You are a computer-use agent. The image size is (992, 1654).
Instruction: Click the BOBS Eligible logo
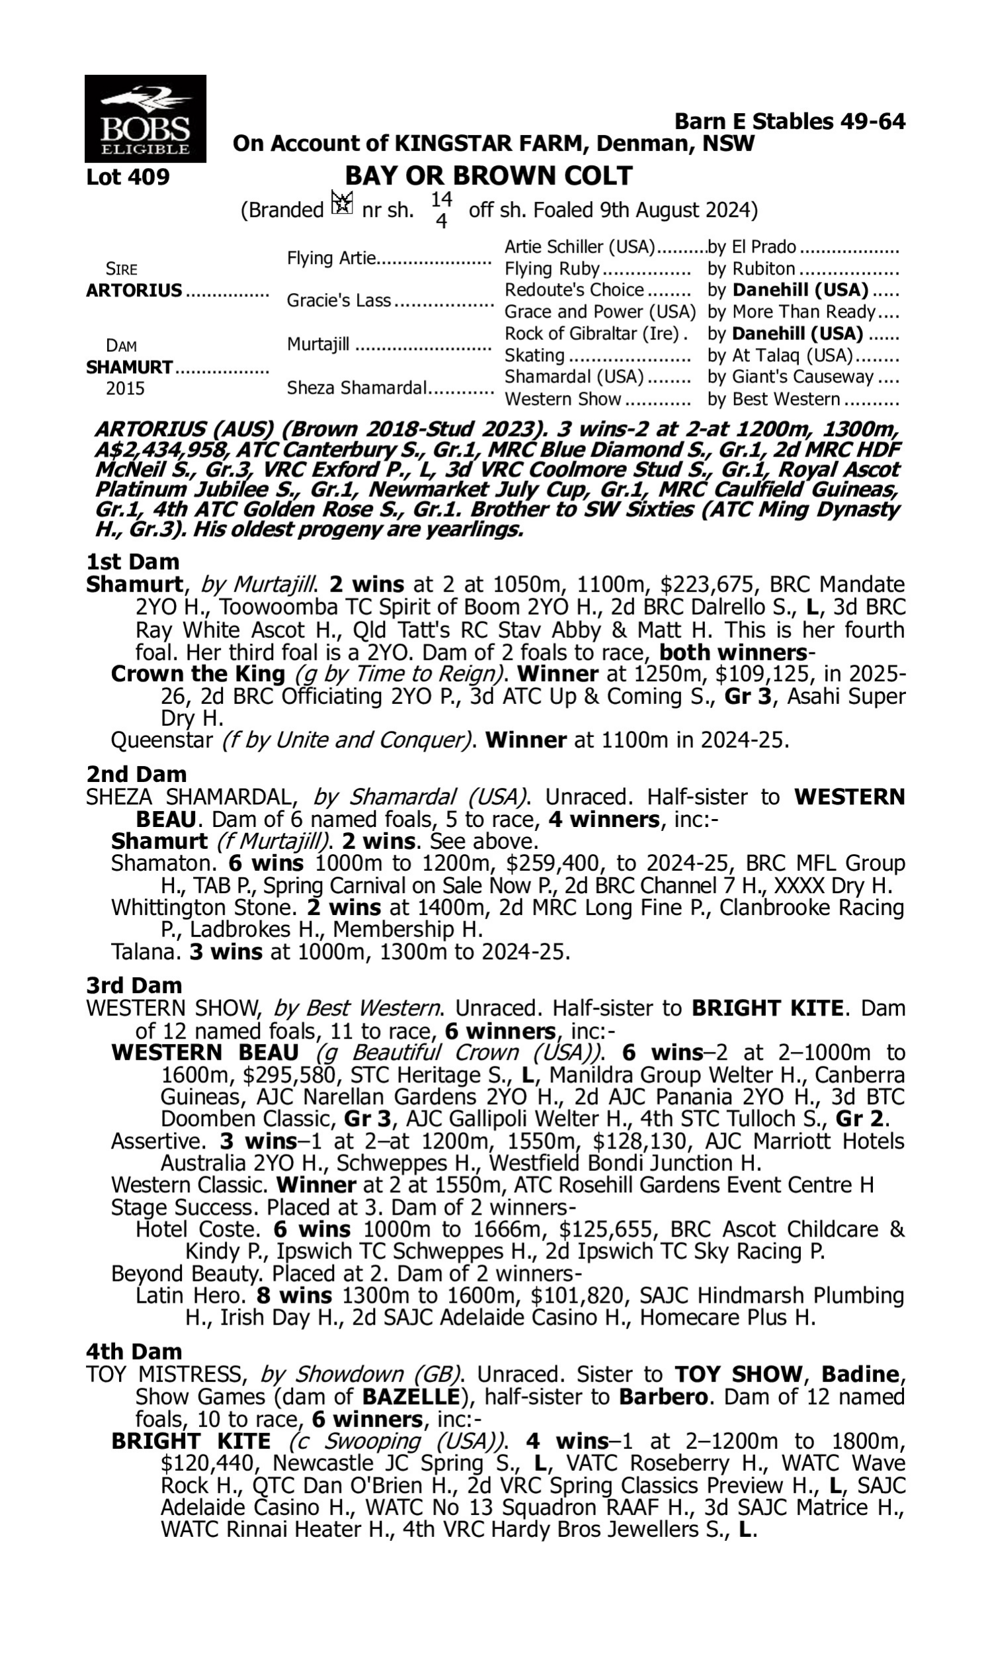(x=145, y=118)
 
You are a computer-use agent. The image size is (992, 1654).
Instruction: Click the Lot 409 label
(x=128, y=177)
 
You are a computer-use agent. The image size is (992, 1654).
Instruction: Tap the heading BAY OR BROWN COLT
(x=488, y=176)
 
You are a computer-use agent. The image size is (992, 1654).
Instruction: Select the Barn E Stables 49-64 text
(x=790, y=122)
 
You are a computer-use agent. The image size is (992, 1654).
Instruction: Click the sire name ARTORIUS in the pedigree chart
(x=134, y=291)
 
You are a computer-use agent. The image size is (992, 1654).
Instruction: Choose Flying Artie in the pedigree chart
(x=331, y=258)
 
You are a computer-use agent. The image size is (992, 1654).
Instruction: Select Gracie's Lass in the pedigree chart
(x=338, y=301)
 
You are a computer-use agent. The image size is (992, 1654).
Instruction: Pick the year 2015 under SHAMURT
(x=125, y=388)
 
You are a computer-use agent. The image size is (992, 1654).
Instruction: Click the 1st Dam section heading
(x=133, y=562)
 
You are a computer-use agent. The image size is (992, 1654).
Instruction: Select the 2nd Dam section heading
(x=136, y=774)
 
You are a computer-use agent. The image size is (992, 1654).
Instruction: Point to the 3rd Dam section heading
(x=134, y=985)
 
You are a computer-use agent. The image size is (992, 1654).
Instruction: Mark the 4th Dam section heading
(x=134, y=1352)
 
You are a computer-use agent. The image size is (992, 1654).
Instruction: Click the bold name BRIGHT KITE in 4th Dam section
(x=191, y=1442)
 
